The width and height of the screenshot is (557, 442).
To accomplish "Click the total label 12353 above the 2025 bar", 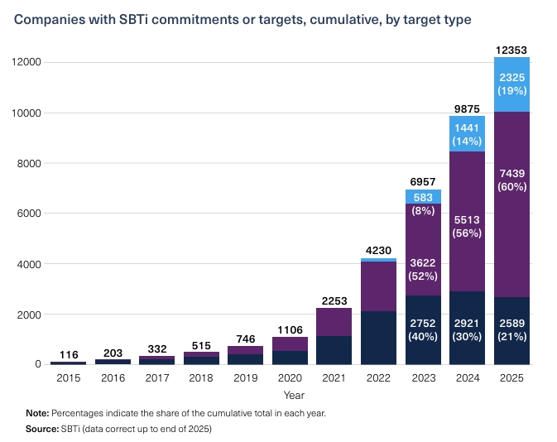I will [x=511, y=50].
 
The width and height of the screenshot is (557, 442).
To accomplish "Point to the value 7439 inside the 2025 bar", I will [x=511, y=173].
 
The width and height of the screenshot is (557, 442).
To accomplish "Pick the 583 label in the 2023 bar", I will [x=422, y=197].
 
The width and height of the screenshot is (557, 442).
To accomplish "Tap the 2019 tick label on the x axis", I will [x=245, y=379].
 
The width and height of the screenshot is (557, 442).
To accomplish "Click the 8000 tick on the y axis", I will [x=27, y=163].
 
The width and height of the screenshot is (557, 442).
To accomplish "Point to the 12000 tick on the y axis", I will [x=25, y=62].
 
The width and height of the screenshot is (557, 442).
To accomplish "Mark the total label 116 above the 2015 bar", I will [x=68, y=355].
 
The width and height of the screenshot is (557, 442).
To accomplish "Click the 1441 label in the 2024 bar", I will [x=467, y=127].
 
